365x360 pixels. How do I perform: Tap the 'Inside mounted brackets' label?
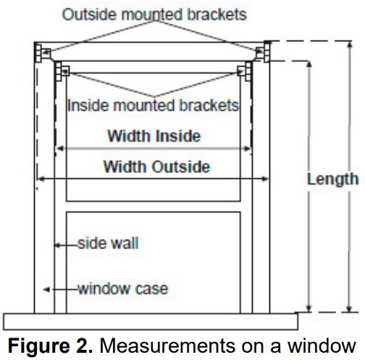[153, 106]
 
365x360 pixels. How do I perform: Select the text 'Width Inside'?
[154, 136]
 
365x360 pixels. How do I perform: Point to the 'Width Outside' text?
[156, 167]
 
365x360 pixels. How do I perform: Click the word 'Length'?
[332, 179]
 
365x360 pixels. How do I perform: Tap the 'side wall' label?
[108, 243]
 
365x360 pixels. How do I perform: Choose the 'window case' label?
[123, 289]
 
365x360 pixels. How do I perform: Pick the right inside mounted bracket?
[245, 71]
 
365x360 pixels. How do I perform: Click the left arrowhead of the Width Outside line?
[41, 178]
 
